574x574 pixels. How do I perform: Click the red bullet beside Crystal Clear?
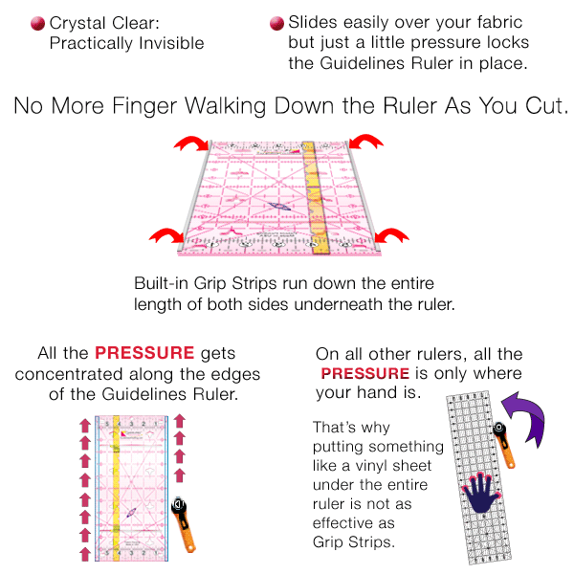pos(37,23)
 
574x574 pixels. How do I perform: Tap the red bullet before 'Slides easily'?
pos(276,23)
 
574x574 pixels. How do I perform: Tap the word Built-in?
pos(164,284)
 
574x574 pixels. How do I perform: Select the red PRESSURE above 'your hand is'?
pos(364,374)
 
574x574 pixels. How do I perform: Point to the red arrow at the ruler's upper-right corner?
pos(364,144)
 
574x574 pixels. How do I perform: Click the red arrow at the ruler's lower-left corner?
pos(166,236)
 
